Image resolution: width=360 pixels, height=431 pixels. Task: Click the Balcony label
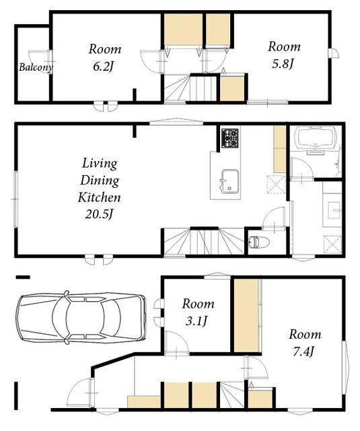(36, 67)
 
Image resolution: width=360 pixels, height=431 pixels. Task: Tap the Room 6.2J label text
(104, 57)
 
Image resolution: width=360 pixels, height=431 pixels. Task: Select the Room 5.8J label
(284, 55)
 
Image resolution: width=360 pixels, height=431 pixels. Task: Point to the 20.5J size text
(99, 214)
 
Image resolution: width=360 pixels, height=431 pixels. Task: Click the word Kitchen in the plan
(99, 197)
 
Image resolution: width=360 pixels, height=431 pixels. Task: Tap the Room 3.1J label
(198, 312)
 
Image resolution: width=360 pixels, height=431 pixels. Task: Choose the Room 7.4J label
(305, 343)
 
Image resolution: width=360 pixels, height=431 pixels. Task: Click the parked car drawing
(81, 317)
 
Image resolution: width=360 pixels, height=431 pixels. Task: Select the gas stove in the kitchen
(230, 138)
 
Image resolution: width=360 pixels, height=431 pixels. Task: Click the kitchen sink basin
(230, 180)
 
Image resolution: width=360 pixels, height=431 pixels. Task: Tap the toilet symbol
(258, 242)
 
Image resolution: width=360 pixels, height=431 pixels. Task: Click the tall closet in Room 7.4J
(246, 315)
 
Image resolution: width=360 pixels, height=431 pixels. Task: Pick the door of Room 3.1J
(176, 343)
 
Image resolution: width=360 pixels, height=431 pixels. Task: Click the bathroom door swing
(302, 169)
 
